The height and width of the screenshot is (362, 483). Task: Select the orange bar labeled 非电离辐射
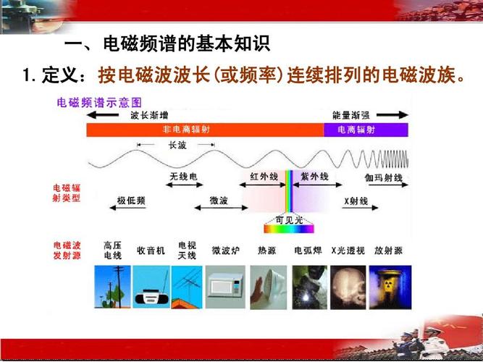point(204,130)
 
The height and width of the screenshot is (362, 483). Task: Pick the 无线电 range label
point(183,177)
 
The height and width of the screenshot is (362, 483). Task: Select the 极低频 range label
point(130,200)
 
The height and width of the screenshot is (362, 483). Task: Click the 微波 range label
point(219,200)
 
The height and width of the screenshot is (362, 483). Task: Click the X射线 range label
point(356,200)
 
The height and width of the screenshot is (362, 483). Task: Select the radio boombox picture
point(151,285)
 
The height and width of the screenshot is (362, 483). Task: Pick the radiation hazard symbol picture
point(390,285)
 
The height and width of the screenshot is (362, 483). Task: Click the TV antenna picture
point(187,285)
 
